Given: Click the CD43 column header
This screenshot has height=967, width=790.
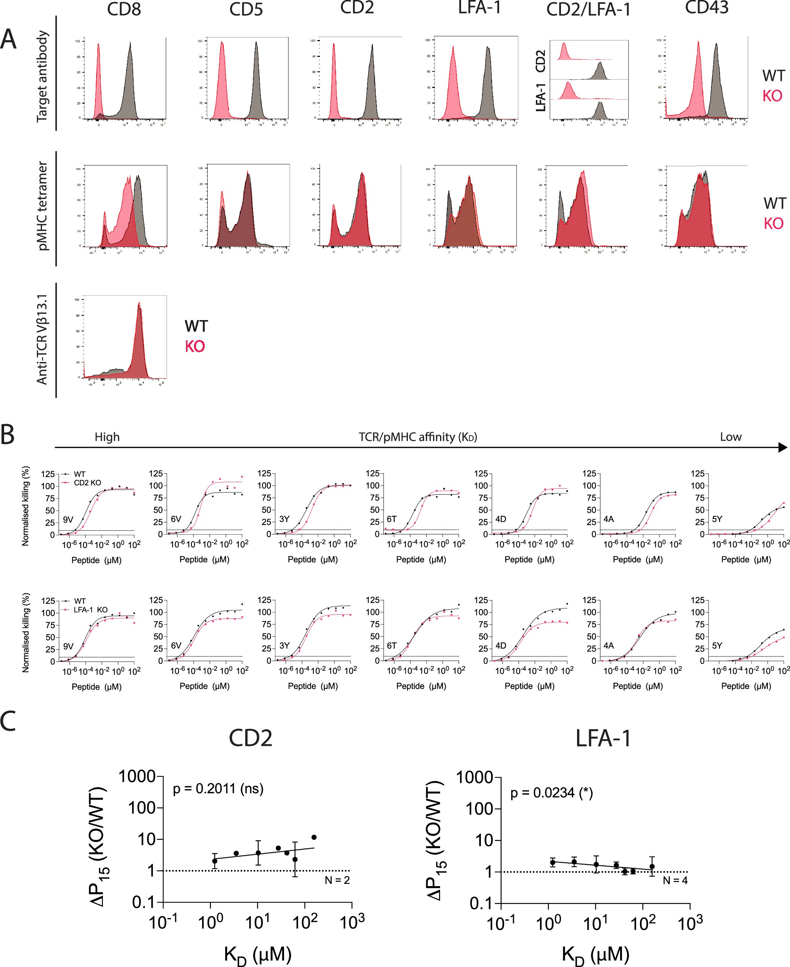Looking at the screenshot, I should pos(706,8).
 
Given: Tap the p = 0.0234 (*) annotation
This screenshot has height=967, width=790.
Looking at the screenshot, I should pos(551,793).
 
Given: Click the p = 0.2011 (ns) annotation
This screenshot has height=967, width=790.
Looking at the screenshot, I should pos(218,788).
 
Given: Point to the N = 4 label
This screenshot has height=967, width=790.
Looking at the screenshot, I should pos(674,881).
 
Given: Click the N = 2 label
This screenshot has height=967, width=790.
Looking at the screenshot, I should pos(337,880).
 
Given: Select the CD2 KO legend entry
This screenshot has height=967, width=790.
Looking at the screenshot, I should pos(87,483).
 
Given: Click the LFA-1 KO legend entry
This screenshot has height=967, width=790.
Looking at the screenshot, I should pos(90,609).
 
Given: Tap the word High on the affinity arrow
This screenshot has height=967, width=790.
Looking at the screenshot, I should pos(107,437).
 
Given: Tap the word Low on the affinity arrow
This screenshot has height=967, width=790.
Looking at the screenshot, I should pos(730,437).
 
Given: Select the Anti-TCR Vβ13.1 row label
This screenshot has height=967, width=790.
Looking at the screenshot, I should pos(42,340).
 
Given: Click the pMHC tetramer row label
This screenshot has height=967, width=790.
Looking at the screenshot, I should pos(42,206).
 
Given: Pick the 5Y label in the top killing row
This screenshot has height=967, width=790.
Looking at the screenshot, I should pos(717,519).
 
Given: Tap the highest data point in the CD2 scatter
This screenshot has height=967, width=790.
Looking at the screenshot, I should pos(314,837).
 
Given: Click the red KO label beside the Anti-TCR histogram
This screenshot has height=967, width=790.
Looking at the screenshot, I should pos(195,346).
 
